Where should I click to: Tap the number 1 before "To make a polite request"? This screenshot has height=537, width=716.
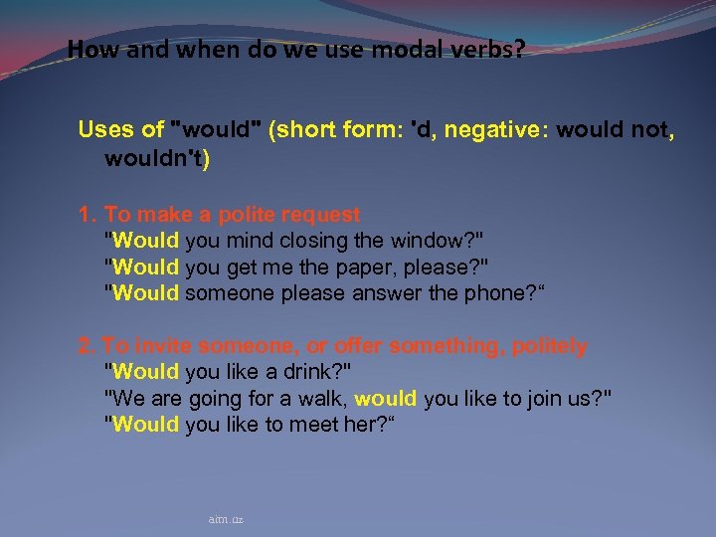click(86, 214)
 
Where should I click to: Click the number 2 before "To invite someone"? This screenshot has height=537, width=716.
click(86, 346)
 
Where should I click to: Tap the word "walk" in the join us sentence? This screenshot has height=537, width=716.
click(319, 398)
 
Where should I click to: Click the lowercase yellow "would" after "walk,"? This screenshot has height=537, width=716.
click(385, 398)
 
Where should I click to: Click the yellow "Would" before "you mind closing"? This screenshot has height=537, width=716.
click(145, 240)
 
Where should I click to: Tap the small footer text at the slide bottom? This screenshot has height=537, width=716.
click(226, 519)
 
